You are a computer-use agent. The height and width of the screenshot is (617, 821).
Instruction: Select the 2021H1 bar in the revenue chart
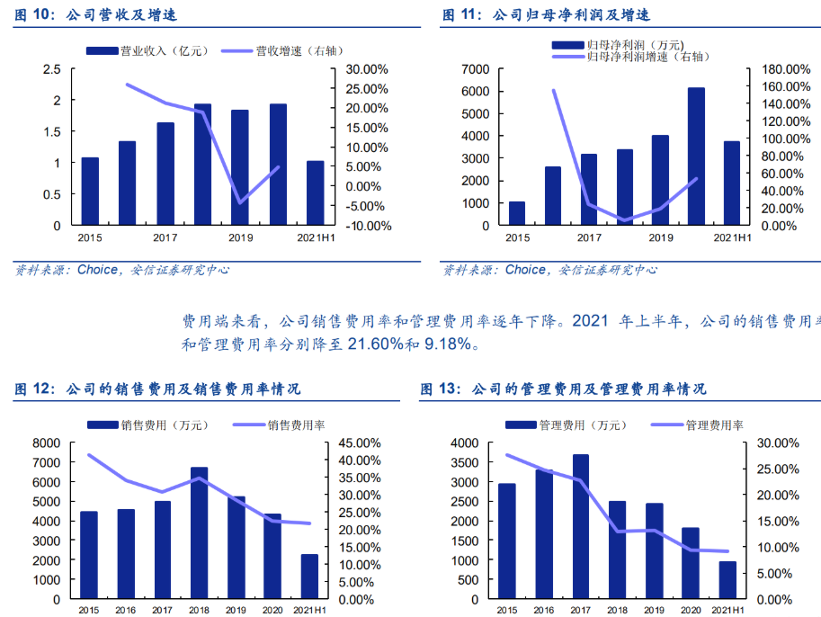315,193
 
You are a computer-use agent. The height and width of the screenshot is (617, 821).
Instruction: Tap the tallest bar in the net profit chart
696,156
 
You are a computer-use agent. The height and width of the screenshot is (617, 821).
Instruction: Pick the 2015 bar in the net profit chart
516,213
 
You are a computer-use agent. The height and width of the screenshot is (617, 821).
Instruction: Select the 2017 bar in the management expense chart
581,527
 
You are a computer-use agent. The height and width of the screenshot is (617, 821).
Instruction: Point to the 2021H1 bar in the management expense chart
727,580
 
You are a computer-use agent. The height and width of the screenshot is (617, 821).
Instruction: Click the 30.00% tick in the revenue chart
366,69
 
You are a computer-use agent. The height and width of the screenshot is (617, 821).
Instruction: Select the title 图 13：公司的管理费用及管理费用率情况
563,389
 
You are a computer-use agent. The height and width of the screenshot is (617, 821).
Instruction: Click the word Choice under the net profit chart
525,270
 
